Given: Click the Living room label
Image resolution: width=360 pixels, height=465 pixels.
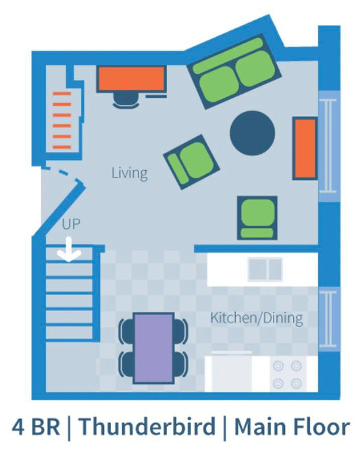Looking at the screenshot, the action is point(130,173).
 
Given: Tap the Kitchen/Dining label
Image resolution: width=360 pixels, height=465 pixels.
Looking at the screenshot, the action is point(257,318).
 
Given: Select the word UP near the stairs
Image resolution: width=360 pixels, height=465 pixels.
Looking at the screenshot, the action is point(71,224).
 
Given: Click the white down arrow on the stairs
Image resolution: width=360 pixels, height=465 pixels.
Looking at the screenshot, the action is point(69,250).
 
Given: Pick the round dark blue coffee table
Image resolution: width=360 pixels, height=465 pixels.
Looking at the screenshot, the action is point(252,133).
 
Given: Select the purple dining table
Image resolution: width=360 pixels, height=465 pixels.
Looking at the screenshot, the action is point(153,348).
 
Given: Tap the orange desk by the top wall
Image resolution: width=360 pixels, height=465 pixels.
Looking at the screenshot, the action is point(132,79).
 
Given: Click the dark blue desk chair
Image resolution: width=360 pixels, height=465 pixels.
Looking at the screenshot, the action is point(126,101).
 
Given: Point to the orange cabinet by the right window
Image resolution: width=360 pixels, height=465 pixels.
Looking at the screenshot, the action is point(305,148).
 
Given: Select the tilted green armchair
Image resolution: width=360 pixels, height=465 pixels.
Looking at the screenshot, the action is point(191,162).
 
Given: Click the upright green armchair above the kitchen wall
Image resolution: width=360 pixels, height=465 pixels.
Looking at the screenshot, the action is point(257,218).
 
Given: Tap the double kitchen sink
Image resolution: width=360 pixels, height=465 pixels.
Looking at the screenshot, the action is point(265,269).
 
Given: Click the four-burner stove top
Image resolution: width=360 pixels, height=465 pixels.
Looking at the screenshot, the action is point(287,375).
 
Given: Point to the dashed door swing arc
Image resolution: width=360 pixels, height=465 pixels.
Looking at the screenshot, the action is point(61,172).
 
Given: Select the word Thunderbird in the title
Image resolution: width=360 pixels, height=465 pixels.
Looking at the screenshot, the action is point(147,427).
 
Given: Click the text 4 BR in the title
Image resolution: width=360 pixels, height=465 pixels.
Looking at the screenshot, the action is point(36,427).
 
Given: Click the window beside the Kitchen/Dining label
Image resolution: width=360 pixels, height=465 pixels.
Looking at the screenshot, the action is point(329,319).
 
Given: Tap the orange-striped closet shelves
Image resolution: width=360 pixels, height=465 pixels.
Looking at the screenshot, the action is point(62,120).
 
